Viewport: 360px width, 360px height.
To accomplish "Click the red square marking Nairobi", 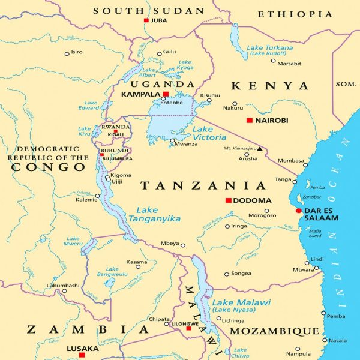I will tap(250, 121).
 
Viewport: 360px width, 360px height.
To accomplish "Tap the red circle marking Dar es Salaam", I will tap(299, 211).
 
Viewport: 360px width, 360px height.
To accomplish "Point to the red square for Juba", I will tap(146, 20).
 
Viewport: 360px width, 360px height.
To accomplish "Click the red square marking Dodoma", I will tap(228, 200).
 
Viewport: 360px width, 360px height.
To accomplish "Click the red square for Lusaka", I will tap(83, 355).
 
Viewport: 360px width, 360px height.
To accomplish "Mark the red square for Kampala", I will tap(166, 94).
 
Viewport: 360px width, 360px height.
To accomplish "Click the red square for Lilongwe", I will tap(188, 328).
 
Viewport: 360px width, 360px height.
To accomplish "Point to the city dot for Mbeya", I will tap(182, 245).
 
